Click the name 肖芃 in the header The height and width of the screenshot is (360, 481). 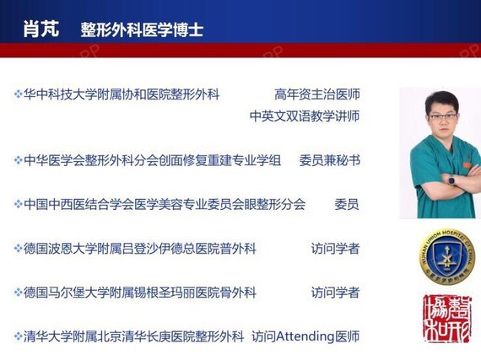(x=41, y=30)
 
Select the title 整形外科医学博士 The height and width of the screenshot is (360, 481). (x=142, y=30)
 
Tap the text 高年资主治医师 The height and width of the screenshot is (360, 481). (x=317, y=94)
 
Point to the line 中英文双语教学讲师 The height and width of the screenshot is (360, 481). (x=305, y=116)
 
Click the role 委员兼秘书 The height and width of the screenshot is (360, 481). (x=329, y=160)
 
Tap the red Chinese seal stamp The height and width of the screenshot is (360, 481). (x=447, y=319)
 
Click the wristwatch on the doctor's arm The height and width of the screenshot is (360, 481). (x=451, y=180)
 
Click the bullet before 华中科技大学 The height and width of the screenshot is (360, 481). (x=18, y=94)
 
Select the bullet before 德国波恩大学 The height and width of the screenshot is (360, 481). (x=18, y=249)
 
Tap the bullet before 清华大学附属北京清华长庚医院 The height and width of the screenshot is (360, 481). (x=18, y=336)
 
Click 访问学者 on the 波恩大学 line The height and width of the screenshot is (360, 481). (x=335, y=249)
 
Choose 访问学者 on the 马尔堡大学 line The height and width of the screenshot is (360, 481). (x=335, y=293)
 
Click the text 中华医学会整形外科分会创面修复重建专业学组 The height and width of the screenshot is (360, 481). (x=152, y=160)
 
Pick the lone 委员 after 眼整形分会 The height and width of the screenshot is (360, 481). (x=347, y=204)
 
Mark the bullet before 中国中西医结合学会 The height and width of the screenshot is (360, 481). (x=18, y=204)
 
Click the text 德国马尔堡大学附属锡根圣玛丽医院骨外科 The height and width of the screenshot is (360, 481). (x=140, y=293)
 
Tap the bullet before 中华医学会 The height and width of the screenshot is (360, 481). (x=18, y=160)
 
